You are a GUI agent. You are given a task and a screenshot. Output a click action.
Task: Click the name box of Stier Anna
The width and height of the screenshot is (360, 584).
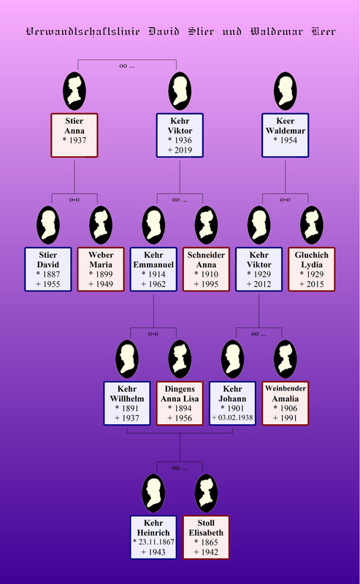tap(74, 135)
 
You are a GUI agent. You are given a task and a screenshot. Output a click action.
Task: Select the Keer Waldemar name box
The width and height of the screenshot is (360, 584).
tap(285, 135)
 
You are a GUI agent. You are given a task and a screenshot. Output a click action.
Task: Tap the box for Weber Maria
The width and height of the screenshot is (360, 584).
tap(101, 269)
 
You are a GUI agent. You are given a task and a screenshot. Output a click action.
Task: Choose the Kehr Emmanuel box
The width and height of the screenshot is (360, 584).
tap(153, 269)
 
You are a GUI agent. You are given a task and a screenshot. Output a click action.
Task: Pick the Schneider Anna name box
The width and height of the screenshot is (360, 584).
tap(206, 269)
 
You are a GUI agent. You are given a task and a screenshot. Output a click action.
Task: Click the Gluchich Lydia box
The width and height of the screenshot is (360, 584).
tap(312, 269)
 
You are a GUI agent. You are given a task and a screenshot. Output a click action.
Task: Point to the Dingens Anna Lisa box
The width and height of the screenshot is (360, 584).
tap(180, 404)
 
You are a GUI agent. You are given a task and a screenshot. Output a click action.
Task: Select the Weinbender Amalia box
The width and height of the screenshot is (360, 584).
tap(285, 404)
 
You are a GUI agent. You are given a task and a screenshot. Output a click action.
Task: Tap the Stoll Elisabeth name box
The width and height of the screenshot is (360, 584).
tap(206, 537)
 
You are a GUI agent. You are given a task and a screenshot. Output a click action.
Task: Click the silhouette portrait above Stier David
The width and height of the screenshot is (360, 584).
tap(48, 225)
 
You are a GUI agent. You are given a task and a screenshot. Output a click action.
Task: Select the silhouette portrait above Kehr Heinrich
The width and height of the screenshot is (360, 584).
tap(153, 493)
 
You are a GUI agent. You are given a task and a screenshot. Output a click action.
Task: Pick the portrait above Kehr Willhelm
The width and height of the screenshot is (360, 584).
tap(127, 359)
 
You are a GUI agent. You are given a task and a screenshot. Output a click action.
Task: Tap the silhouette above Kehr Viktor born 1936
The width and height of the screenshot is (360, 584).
tap(180, 91)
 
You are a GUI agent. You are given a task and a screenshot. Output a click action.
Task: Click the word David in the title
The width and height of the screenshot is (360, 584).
tap(164, 31)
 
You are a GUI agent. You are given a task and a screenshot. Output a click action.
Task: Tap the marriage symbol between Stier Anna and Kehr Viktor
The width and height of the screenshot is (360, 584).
tap(127, 66)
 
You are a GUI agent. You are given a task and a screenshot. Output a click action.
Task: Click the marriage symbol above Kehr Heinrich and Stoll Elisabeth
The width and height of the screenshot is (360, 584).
tap(180, 468)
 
